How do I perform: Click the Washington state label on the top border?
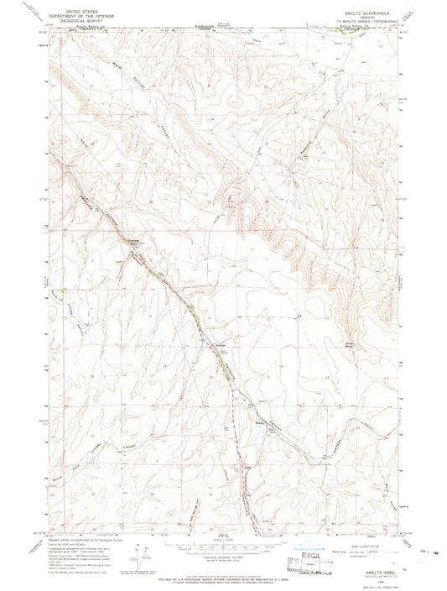pos(205,25)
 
